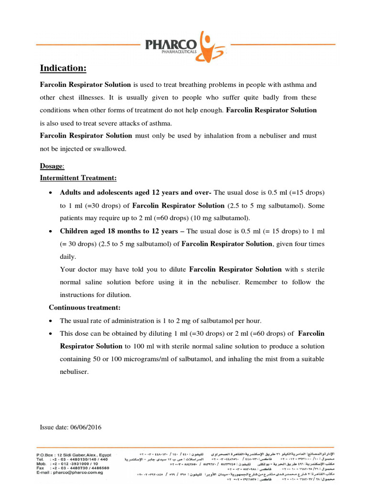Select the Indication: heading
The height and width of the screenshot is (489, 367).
(63, 69)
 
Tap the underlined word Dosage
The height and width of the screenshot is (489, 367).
(51, 167)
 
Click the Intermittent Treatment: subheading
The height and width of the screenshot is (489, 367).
(78, 178)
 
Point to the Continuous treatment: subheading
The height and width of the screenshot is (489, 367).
(85, 307)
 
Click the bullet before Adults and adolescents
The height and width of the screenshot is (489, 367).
(51, 193)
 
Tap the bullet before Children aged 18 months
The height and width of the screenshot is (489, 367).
(51, 231)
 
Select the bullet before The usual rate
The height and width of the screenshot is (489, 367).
(51, 320)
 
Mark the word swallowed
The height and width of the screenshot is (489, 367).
(111, 149)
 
